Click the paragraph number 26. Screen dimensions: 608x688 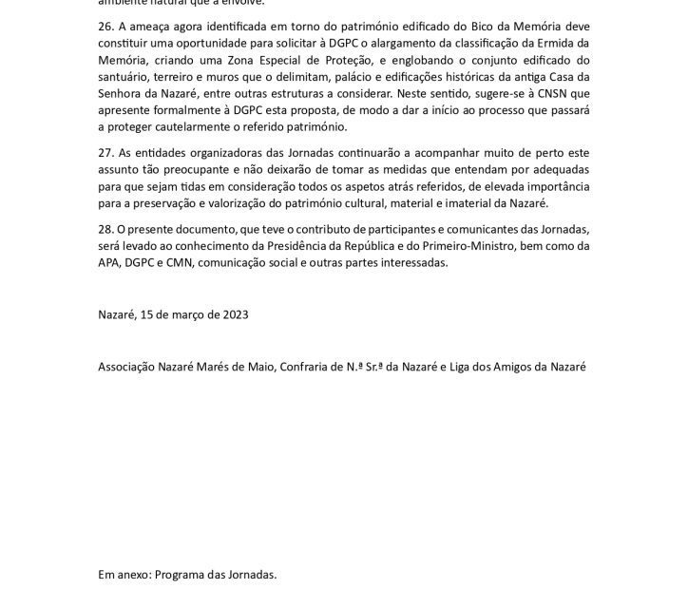(106, 27)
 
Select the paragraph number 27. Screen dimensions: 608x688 (106, 150)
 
